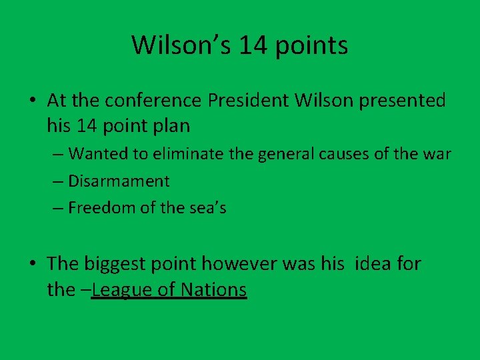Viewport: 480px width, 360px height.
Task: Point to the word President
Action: [247, 101]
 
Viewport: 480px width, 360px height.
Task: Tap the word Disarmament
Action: [119, 181]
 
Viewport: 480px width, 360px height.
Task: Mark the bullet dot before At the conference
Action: [33, 101]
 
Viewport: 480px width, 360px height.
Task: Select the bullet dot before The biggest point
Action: [33, 265]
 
